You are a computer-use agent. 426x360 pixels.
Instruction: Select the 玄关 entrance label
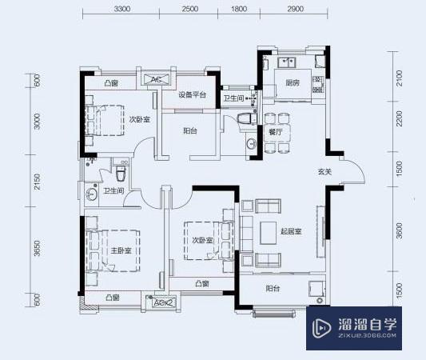(324, 171)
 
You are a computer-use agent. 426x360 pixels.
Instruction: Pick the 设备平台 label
(192, 95)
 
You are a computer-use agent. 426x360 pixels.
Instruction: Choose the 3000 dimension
(35, 122)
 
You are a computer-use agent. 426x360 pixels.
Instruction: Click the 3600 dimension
(399, 233)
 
